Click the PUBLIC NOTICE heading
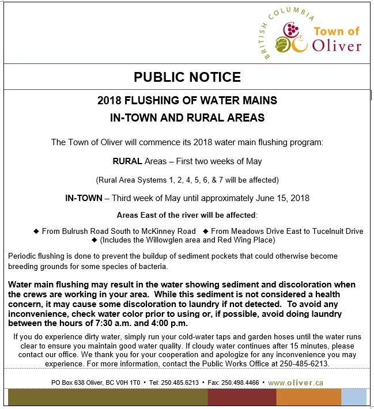187,77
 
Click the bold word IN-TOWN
84,198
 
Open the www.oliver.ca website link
295,383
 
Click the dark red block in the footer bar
241,398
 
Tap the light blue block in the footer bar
353,398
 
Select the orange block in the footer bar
308,398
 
